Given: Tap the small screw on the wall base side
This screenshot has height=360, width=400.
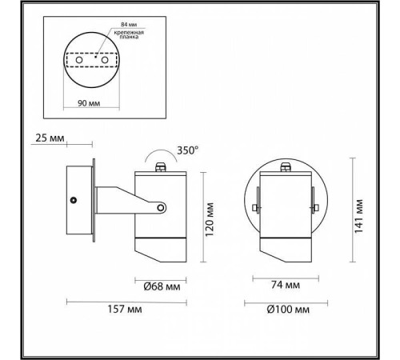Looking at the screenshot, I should pyautogui.click(x=73, y=199).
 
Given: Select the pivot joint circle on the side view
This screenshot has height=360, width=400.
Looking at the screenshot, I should pyautogui.click(x=162, y=209).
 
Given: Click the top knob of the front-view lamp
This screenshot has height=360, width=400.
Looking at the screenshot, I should pyautogui.click(x=285, y=166).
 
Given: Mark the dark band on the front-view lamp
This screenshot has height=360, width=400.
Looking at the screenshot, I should pyautogui.click(x=285, y=239).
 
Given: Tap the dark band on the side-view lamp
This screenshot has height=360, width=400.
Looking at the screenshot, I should pyautogui.click(x=162, y=239).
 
